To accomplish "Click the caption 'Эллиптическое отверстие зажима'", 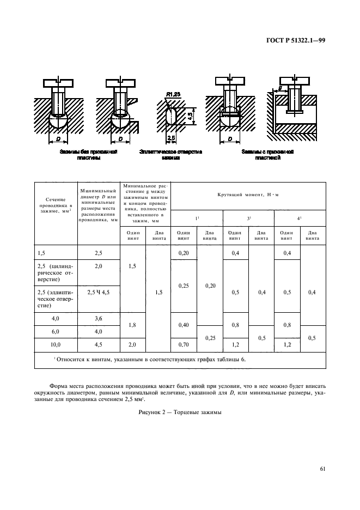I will (170, 154).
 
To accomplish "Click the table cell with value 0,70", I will (184, 345).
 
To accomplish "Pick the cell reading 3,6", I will (98, 319).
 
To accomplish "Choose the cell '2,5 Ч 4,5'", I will (99, 292).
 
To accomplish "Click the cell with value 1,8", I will (132, 325).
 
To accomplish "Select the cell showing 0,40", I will (184, 325).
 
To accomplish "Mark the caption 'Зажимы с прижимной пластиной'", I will (267, 154).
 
